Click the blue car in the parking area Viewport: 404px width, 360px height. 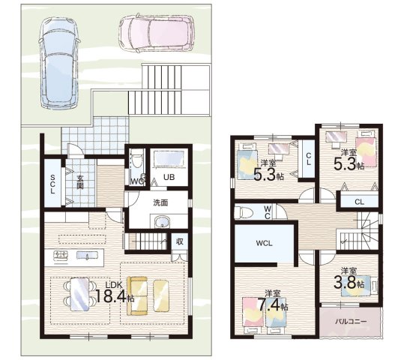point(59,63)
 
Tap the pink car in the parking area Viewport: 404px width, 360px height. point(157,33)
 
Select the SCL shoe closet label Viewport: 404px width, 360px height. point(52,184)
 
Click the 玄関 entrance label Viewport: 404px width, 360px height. point(80,182)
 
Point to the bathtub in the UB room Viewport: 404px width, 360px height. point(169,159)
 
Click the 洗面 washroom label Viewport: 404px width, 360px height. point(160,202)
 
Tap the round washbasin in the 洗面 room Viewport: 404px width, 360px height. point(162,222)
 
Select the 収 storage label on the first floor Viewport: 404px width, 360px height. point(180,241)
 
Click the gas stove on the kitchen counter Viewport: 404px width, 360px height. point(61,256)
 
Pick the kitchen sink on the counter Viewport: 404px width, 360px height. point(88,255)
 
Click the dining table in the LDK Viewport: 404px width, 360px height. point(80,294)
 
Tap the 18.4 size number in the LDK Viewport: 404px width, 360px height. point(111,295)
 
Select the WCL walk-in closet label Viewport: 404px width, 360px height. point(264,243)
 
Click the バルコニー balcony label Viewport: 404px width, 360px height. point(351,321)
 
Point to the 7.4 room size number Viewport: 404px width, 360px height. point(269,305)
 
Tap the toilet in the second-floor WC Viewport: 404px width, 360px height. point(244,212)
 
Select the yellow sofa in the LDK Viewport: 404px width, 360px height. point(137,296)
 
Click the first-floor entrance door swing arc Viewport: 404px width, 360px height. point(76,148)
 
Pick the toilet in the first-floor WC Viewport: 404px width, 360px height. point(136,160)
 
